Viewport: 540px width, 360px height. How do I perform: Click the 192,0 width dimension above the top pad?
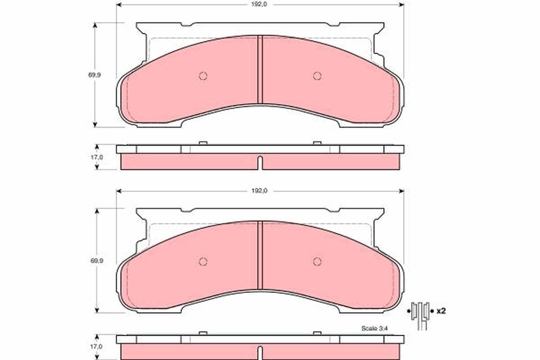[260, 5]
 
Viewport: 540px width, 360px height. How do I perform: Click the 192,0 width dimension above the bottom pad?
[260, 191]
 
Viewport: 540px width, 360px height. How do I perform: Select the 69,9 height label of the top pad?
[94, 75]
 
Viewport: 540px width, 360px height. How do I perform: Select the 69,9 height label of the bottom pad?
[94, 261]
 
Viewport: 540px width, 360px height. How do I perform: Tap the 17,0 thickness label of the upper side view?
[97, 157]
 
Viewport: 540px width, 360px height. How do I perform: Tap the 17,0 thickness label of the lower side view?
[97, 346]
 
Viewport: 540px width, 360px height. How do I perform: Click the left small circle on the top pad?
[203, 76]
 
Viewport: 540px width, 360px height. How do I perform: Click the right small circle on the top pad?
[317, 76]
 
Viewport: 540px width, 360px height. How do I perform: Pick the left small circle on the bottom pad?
[203, 261]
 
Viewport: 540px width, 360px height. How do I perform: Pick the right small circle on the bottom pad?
[317, 261]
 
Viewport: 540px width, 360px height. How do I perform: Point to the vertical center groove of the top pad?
[260, 70]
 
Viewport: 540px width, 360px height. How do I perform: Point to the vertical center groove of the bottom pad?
[260, 255]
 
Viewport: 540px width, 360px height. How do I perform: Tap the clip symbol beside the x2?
[421, 313]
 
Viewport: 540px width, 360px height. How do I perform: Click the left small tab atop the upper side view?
[203, 143]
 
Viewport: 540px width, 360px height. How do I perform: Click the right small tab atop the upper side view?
[317, 143]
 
